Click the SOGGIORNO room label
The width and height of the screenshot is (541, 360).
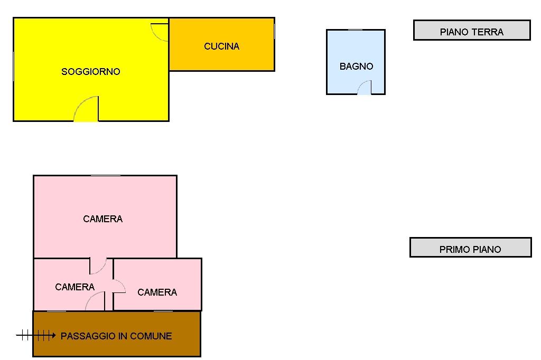(x=91, y=72)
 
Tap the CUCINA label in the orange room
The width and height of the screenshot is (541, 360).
(x=221, y=46)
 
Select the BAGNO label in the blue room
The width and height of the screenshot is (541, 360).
(x=357, y=66)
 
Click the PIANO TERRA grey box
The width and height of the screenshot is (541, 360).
(x=472, y=30)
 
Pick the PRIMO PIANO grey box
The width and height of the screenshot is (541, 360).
(x=471, y=247)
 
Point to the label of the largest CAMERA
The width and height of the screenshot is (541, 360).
(x=103, y=219)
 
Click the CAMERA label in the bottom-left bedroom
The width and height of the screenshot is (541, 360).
(x=75, y=287)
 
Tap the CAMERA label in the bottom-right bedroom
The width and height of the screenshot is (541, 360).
(x=157, y=292)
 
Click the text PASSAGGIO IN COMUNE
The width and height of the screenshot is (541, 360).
(x=116, y=336)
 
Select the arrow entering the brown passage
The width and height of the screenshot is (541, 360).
(x=36, y=335)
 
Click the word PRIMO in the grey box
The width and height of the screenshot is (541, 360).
(x=451, y=249)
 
